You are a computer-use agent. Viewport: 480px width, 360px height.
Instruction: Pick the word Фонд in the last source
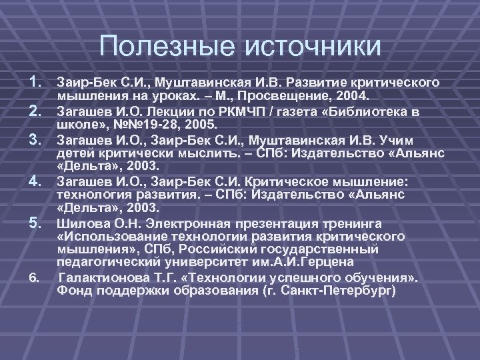tap(72, 290)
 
